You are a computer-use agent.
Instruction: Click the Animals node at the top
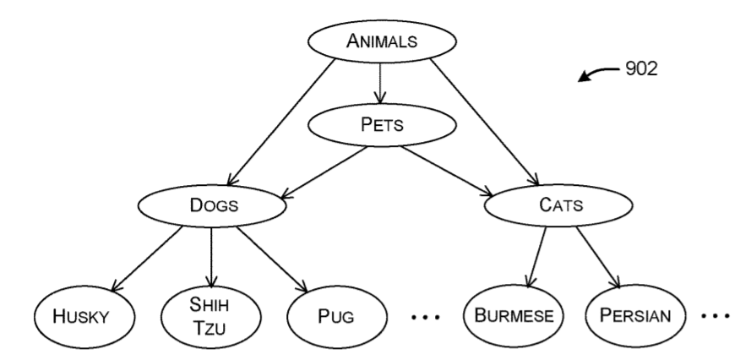pyautogui.click(x=381, y=41)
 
